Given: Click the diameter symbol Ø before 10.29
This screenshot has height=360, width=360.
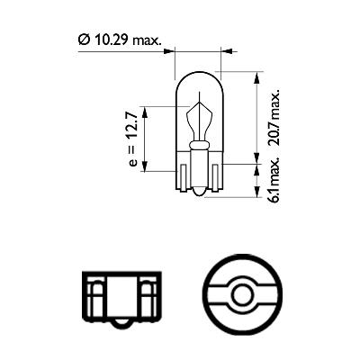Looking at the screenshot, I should (x=82, y=40).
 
